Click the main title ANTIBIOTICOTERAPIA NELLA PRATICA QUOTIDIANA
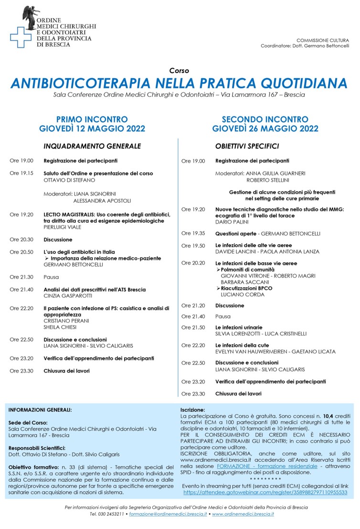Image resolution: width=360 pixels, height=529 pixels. coord(179,84)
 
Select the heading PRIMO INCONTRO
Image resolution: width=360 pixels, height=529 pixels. coord(92,119)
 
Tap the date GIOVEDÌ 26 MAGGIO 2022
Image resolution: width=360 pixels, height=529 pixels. coord(265,128)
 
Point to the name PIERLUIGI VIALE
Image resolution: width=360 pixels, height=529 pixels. coord(63,227)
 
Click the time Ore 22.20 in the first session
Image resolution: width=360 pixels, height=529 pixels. coord(21,309)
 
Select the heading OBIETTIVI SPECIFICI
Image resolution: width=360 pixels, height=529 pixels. coord(247,146)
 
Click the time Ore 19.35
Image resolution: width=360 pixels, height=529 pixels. coord(193,234)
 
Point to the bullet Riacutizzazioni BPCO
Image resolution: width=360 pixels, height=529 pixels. coord(246,289)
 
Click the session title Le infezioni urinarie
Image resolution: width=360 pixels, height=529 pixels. coord(239,328)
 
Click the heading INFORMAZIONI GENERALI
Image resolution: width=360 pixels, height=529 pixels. coord(40,410)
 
